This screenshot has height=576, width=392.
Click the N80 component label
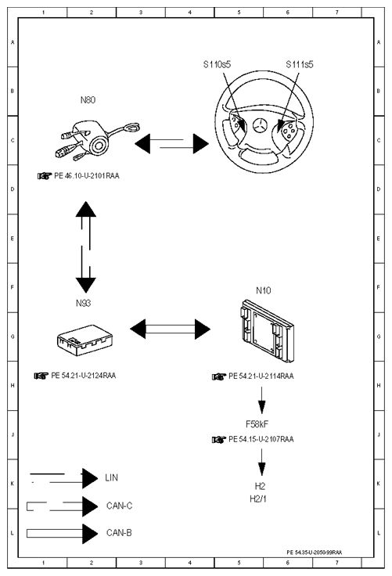tap(88, 100)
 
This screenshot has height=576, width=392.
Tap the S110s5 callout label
tap(217, 64)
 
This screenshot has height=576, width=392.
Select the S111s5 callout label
tap(300, 64)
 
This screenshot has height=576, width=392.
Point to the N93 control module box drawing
tap(85, 340)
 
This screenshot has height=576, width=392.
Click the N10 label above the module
tap(264, 290)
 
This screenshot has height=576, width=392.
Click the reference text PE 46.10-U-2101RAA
tap(87, 175)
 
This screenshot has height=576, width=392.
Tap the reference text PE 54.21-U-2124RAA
tap(84, 376)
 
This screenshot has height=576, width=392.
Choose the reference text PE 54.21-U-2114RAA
tap(261, 376)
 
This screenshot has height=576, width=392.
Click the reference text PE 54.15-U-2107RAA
tap(261, 439)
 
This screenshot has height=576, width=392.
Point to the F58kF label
tap(257, 424)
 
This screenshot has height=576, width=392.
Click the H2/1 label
tap(258, 499)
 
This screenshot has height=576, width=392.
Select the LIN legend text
tap(111, 477)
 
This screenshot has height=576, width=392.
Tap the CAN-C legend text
tap(119, 506)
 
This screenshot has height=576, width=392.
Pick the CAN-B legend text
tap(119, 533)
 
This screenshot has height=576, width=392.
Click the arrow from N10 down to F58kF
tap(261, 401)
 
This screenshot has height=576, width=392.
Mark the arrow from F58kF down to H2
tap(261, 462)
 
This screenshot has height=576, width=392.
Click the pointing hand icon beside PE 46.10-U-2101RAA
tap(44, 176)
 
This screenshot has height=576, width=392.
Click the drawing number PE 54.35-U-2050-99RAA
tap(314, 552)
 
